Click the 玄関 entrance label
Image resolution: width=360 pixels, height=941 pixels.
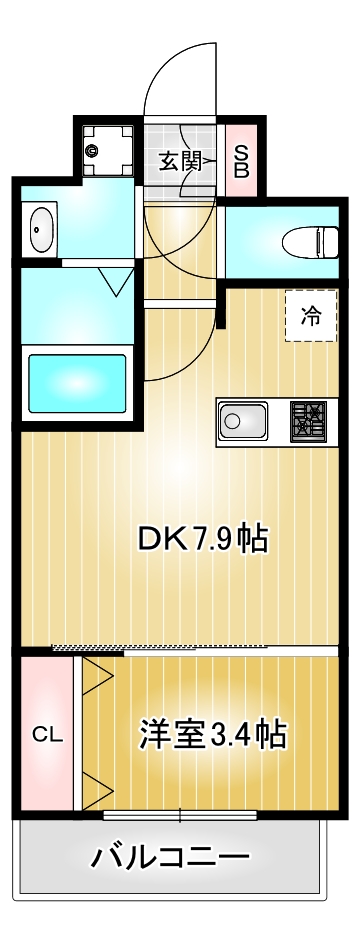(x=180, y=161)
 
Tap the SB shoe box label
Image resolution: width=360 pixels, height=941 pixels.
(x=241, y=160)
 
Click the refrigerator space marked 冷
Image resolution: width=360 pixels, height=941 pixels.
(x=311, y=316)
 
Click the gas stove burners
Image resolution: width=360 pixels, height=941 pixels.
(x=309, y=421)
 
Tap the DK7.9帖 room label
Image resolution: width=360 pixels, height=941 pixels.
(x=202, y=539)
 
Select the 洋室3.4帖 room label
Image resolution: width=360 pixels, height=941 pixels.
(x=213, y=735)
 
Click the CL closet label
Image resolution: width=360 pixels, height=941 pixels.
(x=47, y=735)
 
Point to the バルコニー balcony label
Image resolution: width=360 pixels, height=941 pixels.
(x=170, y=857)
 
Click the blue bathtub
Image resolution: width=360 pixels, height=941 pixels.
(x=77, y=383)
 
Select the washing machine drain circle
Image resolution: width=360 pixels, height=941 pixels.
(x=92, y=152)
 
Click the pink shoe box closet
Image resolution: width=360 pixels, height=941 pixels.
(x=241, y=160)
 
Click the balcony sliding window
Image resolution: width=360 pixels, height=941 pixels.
(x=180, y=815)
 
